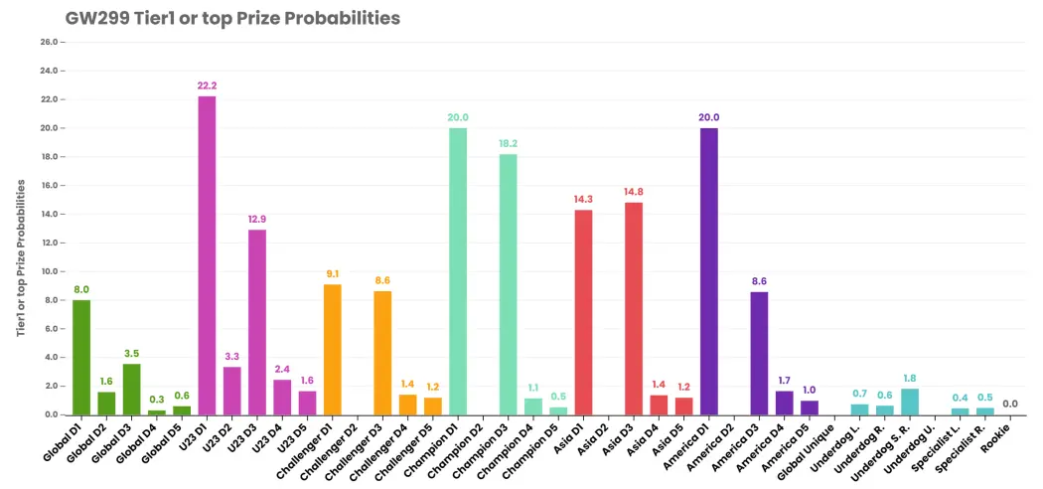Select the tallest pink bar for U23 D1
click(207, 255)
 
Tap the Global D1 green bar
click(81, 357)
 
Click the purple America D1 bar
click(709, 271)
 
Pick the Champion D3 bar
click(509, 284)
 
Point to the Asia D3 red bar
click(634, 309)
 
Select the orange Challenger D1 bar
click(333, 350)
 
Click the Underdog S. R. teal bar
click(910, 402)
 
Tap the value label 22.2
click(207, 85)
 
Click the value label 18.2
click(509, 143)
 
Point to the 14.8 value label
click(634, 192)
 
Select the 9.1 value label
click(333, 273)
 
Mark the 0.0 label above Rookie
click(1010, 404)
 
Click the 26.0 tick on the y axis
click(52, 42)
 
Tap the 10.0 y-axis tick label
click(52, 271)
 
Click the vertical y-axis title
click(21, 257)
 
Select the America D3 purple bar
click(760, 353)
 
